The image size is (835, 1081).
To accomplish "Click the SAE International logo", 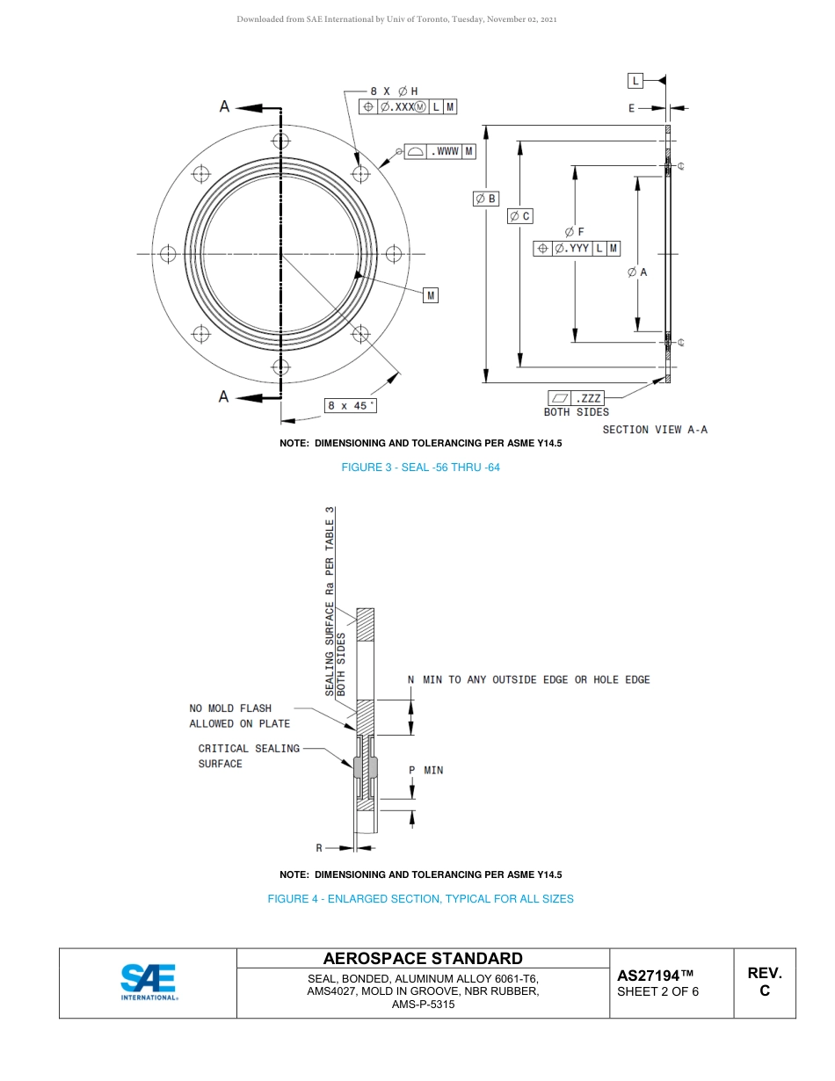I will click(x=149, y=982).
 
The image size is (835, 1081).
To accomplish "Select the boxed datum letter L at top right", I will click(x=635, y=81).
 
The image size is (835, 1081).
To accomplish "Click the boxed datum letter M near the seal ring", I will click(x=431, y=295).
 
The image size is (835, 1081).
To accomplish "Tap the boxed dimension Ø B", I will click(x=486, y=199).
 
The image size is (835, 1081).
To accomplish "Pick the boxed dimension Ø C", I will click(x=520, y=215).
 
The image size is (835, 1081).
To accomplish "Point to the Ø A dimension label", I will click(x=637, y=272).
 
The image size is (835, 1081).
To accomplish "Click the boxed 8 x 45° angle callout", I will click(x=351, y=405).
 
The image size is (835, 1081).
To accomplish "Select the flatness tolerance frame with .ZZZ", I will click(x=577, y=398).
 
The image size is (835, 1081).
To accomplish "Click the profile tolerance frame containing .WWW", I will click(x=440, y=151).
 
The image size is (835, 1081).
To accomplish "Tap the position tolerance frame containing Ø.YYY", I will click(x=577, y=249).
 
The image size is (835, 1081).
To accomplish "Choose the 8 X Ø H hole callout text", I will click(x=394, y=91).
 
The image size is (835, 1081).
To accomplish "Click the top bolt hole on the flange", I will click(x=280, y=141).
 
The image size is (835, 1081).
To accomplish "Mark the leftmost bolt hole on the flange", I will click(x=168, y=254).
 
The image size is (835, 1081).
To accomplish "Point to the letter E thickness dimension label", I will click(x=631, y=108).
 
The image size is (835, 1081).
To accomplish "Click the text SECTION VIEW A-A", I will click(x=655, y=430).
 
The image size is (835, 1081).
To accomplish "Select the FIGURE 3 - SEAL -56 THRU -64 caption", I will click(x=420, y=468).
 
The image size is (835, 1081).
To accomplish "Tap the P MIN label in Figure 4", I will click(x=426, y=770).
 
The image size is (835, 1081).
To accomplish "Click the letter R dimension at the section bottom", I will click(x=319, y=848).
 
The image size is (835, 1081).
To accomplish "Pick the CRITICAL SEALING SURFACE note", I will click(x=249, y=756).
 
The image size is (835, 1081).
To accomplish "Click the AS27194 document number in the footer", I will click(x=656, y=976).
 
